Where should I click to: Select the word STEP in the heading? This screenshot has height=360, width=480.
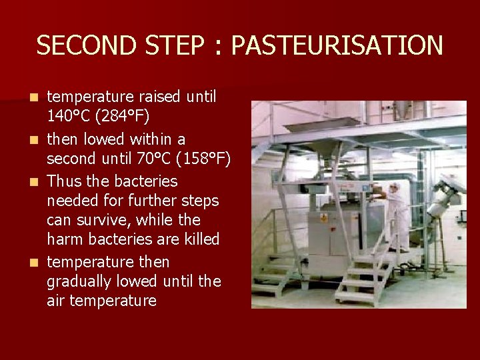[x=173, y=46]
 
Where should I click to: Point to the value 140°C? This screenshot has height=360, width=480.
[x=69, y=117]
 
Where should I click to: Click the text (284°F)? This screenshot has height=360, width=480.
[x=123, y=117]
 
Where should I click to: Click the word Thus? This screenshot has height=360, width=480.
[x=65, y=181]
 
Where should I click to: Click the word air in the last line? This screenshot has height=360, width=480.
[x=56, y=301]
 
